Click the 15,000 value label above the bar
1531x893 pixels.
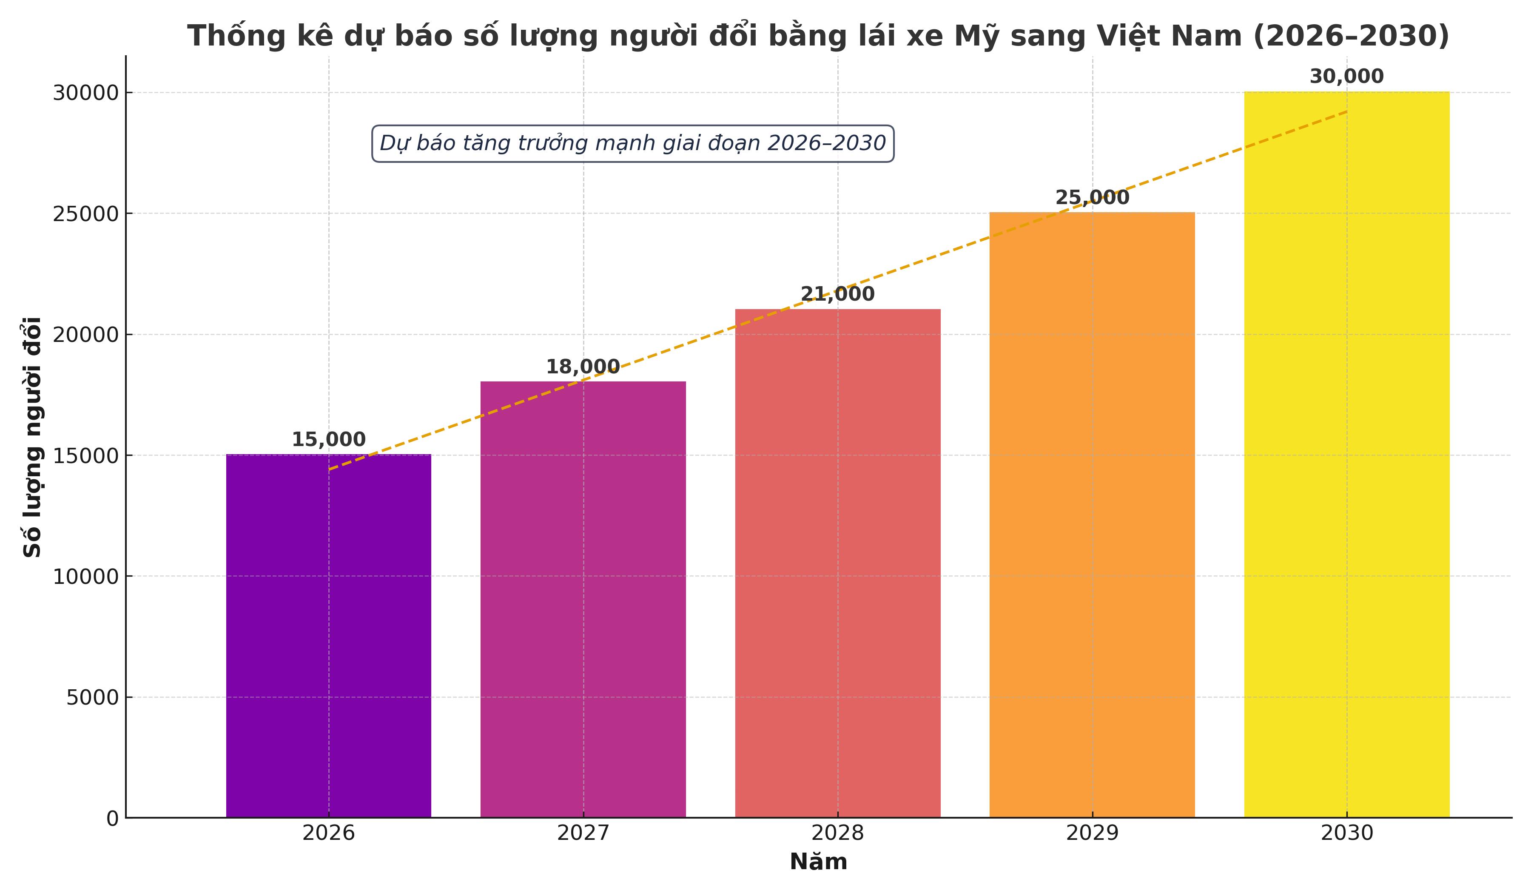coord(329,439)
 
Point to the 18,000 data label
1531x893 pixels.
coord(583,367)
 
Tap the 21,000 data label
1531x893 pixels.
coord(837,294)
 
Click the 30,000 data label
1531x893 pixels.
coord(1346,77)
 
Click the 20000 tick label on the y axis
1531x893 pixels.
coord(85,335)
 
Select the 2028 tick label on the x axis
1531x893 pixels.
coord(838,833)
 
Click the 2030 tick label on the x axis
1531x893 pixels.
coord(1347,833)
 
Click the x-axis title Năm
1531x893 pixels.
coord(818,862)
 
